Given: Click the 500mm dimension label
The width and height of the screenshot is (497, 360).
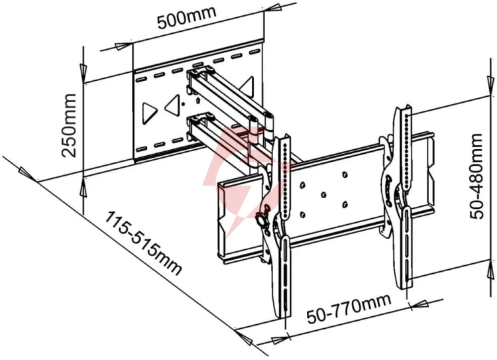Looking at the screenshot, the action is [187, 17].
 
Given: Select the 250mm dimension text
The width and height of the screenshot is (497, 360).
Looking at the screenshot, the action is [69, 125].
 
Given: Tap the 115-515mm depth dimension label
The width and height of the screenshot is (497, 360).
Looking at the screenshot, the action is [143, 243].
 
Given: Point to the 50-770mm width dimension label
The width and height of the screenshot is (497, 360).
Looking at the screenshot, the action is [349, 308].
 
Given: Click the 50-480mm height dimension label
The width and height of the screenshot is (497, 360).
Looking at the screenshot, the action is [476, 176].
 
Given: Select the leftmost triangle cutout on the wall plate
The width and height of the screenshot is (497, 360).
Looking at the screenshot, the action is [149, 113].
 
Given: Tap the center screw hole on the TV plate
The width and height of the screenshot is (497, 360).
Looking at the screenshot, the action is [323, 194].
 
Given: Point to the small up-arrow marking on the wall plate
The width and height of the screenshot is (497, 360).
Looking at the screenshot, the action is [198, 101].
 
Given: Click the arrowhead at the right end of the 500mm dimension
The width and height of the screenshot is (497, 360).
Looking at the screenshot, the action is [272, 7].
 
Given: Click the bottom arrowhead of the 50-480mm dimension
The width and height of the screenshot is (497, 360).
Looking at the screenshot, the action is [491, 270].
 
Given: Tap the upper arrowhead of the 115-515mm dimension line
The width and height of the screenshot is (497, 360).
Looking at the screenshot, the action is [27, 174].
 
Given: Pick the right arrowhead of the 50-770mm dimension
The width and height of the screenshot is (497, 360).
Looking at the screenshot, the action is [420, 305].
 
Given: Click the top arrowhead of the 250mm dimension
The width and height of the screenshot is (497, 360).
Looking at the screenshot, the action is [83, 74].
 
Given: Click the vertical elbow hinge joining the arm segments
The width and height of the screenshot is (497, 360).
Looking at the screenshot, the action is [269, 126].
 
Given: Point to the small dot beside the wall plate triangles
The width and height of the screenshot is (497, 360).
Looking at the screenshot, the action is [183, 103].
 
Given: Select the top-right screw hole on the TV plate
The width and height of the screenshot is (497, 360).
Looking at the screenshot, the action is [345, 174].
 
